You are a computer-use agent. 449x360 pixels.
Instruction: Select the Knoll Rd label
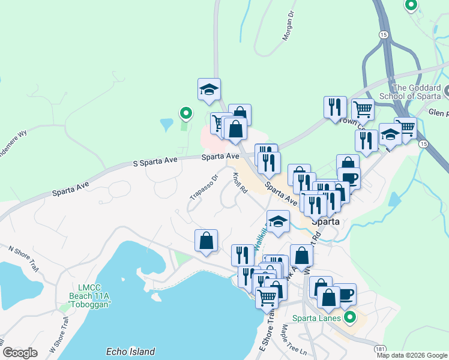(240, 182)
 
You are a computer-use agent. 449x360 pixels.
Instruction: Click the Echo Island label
(130, 352)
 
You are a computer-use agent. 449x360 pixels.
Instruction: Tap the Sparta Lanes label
(316, 318)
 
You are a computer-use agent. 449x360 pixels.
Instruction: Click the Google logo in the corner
(20, 353)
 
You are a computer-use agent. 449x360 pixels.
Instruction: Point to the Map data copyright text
(412, 355)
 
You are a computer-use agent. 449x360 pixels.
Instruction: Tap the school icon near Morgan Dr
(209, 89)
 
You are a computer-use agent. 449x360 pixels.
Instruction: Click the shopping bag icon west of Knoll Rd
(206, 241)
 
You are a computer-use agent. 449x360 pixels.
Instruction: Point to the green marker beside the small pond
(186, 112)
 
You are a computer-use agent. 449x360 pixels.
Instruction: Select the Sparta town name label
(326, 221)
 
